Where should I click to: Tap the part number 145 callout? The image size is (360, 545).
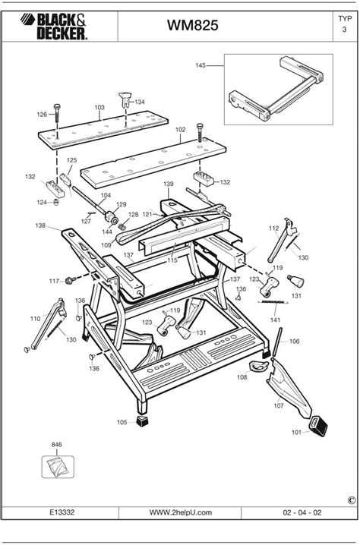[x=201, y=66]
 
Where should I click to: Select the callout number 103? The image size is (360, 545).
[x=99, y=108]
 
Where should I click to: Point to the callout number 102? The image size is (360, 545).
[x=181, y=130]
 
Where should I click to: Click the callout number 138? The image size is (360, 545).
[x=40, y=225]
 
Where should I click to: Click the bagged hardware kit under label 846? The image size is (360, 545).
[x=56, y=464]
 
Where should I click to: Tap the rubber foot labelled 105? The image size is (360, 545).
[x=142, y=419]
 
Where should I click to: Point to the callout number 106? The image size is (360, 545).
[x=295, y=342]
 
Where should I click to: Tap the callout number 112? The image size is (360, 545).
[x=274, y=228]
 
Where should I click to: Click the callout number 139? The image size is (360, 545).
[x=168, y=184]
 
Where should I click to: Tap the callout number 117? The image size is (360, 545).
[x=53, y=281]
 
